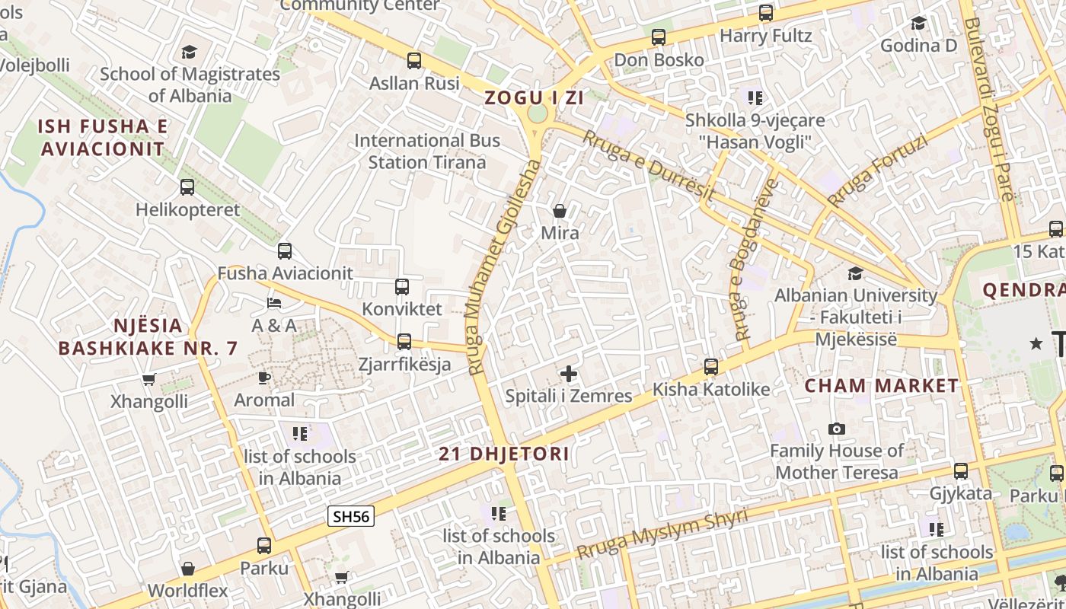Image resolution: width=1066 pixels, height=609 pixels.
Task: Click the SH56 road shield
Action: [351, 517]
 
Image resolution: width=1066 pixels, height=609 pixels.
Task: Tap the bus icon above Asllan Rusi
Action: [414, 61]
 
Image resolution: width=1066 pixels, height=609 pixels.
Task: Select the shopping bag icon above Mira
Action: [560, 211]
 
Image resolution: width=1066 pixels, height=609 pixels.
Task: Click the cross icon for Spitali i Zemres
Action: [569, 374]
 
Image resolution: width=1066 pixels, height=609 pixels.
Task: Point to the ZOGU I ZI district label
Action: [535, 97]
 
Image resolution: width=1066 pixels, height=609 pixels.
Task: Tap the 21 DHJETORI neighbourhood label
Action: [504, 454]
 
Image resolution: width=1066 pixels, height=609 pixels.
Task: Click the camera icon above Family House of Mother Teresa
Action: [837, 429]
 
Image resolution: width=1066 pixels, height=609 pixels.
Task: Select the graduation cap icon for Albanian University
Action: [856, 273]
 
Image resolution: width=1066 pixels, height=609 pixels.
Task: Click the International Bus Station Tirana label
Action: [427, 151]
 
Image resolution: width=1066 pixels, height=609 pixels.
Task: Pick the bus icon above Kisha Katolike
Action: [711, 367]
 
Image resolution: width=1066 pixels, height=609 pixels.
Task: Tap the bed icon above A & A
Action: [274, 303]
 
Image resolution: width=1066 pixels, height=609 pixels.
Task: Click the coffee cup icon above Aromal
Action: [264, 378]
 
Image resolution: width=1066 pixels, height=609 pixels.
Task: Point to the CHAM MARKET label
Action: [882, 386]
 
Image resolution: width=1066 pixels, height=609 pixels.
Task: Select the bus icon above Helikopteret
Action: [187, 187]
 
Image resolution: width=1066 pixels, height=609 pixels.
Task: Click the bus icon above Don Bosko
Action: [659, 37]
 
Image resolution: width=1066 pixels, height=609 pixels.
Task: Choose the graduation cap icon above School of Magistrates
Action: [189, 52]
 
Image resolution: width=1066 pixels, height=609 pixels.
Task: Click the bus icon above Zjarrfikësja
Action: [404, 341]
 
